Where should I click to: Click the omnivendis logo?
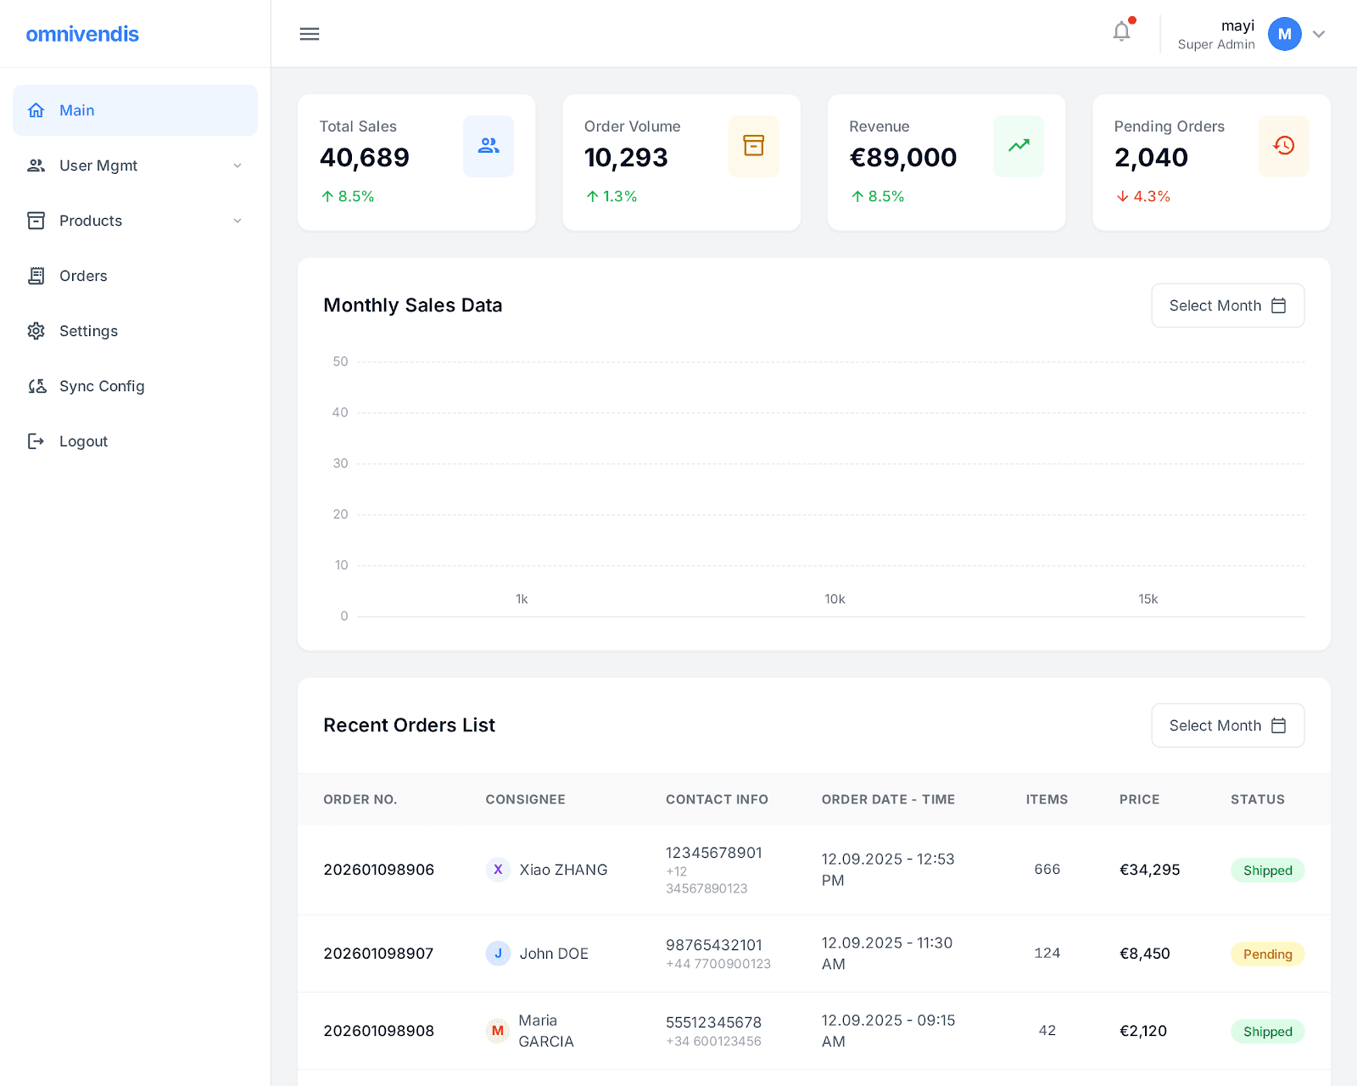tap(82, 34)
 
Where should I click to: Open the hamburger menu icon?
tap(310, 34)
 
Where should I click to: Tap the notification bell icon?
tap(1121, 32)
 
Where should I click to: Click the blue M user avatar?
tap(1284, 34)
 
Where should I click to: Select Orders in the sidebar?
tap(83, 276)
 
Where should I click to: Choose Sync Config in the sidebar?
tap(102, 386)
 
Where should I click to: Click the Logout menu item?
tap(83, 441)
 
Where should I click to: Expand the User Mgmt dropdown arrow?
tap(237, 165)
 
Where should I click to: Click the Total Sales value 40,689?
tap(365, 158)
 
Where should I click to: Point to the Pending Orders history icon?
tap(1283, 146)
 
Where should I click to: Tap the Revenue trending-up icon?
tap(1019, 146)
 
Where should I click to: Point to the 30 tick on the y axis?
tap(340, 463)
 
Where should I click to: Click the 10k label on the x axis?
tap(835, 599)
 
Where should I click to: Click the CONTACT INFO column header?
tap(717, 799)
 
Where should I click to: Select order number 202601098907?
tap(378, 954)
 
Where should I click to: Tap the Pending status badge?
tap(1267, 954)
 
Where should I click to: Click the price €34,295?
tap(1149, 870)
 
